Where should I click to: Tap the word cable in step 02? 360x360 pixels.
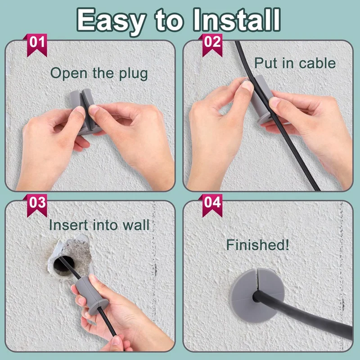(313, 63)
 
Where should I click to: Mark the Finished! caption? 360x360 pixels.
(258, 246)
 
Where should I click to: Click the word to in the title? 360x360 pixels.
(166, 21)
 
